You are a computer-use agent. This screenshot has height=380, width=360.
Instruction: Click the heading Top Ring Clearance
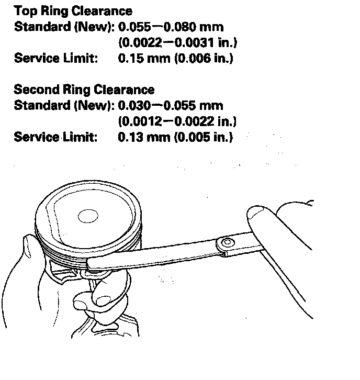click(x=73, y=11)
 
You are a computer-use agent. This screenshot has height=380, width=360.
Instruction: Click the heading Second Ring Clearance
click(x=84, y=90)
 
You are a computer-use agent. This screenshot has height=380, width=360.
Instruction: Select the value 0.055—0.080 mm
click(x=171, y=26)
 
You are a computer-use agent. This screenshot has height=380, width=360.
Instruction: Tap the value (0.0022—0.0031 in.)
click(x=177, y=42)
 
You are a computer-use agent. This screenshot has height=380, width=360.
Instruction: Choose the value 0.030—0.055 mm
click(x=171, y=105)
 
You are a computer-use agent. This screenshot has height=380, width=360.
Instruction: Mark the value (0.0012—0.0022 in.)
click(x=177, y=121)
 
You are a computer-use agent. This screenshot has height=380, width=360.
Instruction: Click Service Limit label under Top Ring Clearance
click(x=55, y=58)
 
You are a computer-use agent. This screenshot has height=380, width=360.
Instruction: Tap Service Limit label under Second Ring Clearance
click(x=55, y=137)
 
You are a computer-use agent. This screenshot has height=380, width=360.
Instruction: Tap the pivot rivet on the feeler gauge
click(x=227, y=242)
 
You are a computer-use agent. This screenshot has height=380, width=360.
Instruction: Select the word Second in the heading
click(x=35, y=90)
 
